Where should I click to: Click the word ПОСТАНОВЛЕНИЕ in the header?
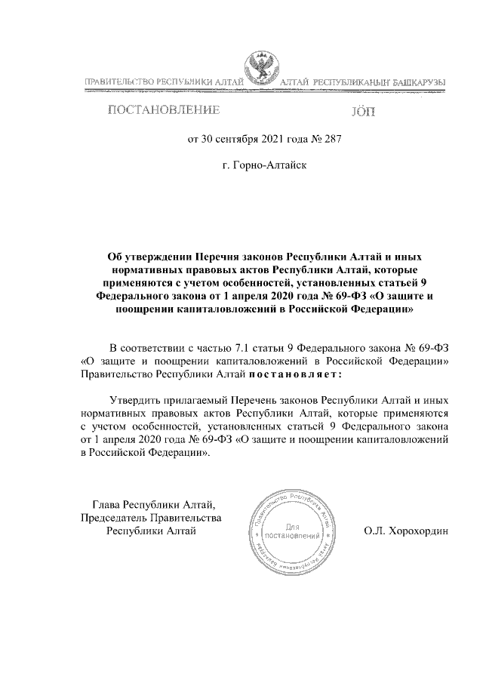[x=165, y=112]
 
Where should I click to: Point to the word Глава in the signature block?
[x=106, y=505]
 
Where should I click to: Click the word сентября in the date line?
[x=235, y=138]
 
